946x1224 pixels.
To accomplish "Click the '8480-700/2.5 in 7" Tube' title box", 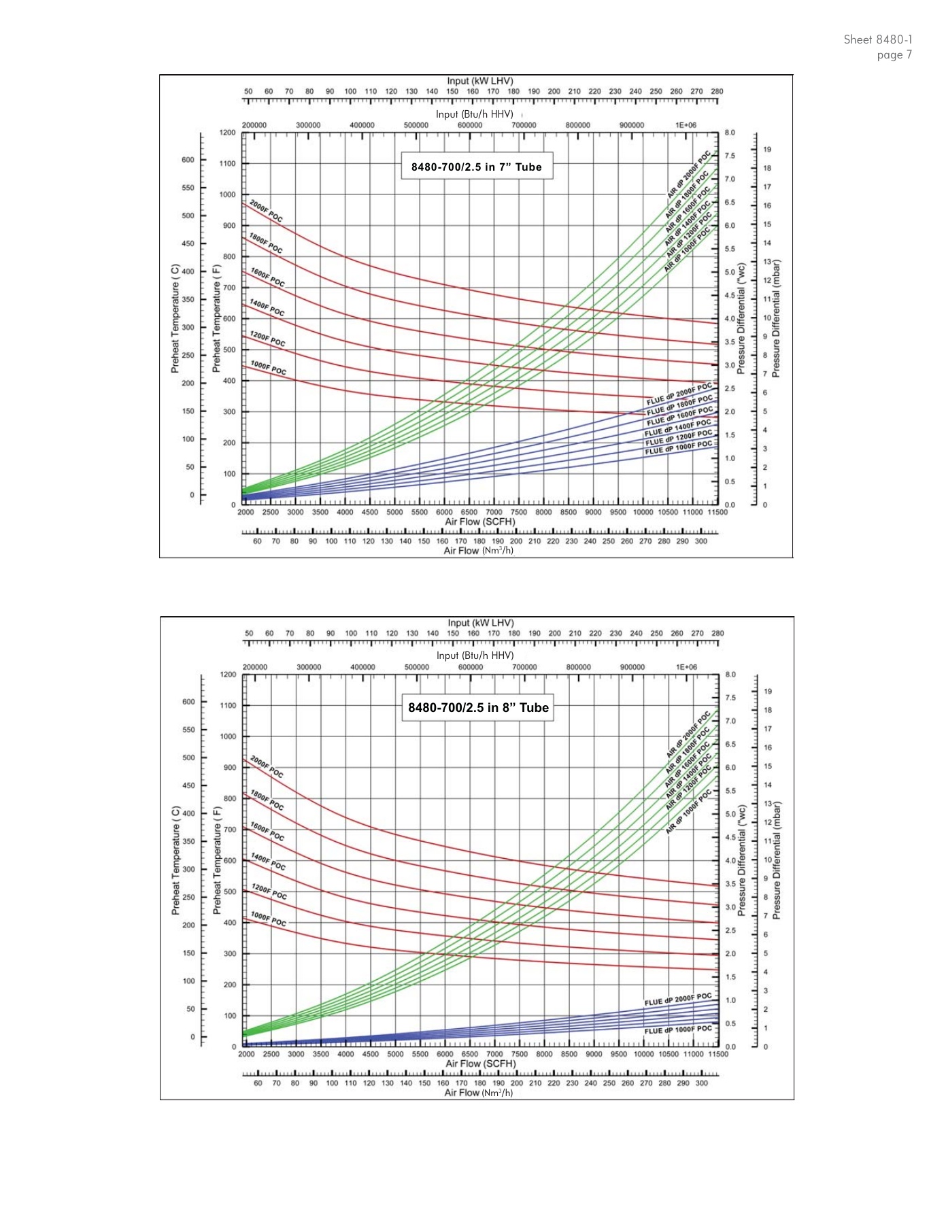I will click(476, 167).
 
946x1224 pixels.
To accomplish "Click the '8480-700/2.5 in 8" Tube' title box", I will click(478, 708).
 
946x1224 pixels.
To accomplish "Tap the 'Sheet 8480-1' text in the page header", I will click(878, 39).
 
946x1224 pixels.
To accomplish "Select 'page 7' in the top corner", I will click(894, 55).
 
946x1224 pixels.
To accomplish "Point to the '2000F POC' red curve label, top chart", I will click(266, 211).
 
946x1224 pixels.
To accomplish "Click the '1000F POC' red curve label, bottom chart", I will click(268, 919).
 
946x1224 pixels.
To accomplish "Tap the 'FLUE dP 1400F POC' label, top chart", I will click(678, 428).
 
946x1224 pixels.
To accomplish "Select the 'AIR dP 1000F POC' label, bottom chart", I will click(688, 812).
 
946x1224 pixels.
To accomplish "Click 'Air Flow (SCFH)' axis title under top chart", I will click(480, 522).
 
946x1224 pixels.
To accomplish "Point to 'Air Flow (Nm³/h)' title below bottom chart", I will click(479, 1092).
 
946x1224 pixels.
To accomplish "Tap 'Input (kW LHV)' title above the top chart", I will click(480, 81).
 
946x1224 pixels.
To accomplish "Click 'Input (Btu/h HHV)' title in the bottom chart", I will click(475, 656).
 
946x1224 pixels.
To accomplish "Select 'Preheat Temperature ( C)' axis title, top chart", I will click(175, 318).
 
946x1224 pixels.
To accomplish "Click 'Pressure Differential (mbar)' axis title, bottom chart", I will click(777, 860).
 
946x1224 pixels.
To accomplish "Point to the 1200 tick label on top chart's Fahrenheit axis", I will click(228, 133).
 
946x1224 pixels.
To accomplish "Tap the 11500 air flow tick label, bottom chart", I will click(717, 1054).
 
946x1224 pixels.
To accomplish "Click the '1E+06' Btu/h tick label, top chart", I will click(686, 125).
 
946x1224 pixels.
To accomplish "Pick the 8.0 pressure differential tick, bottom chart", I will click(730, 675).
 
